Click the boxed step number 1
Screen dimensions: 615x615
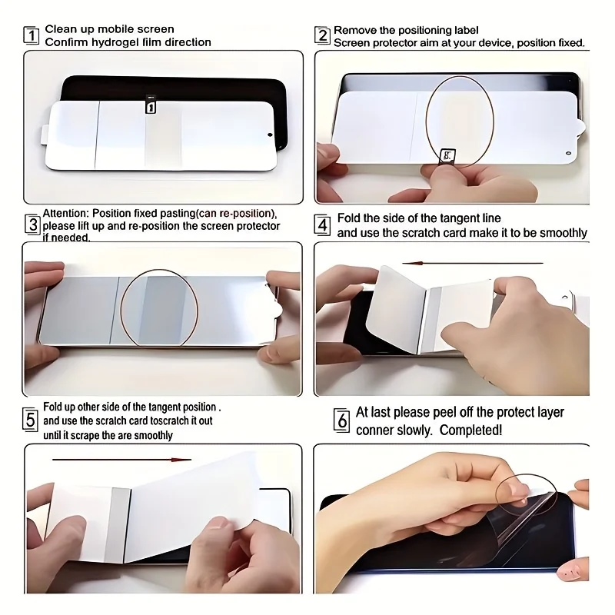coord(32,35)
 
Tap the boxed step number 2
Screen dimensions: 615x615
coord(322,35)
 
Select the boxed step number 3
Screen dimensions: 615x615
coord(32,225)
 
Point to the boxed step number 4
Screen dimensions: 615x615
coord(323,225)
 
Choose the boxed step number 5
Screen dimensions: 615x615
coord(30,420)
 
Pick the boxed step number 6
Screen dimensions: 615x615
coord(341,421)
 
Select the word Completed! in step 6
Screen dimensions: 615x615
coord(470,430)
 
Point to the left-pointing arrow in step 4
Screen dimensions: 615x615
coord(473,263)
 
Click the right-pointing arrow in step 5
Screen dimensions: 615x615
coord(121,459)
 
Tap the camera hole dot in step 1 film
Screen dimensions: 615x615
coord(270,135)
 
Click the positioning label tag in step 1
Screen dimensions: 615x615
coord(151,105)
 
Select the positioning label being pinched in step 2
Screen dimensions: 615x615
coord(447,156)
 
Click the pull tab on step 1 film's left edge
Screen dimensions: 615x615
coord(45,135)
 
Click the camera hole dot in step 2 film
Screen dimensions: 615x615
coord(569,152)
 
